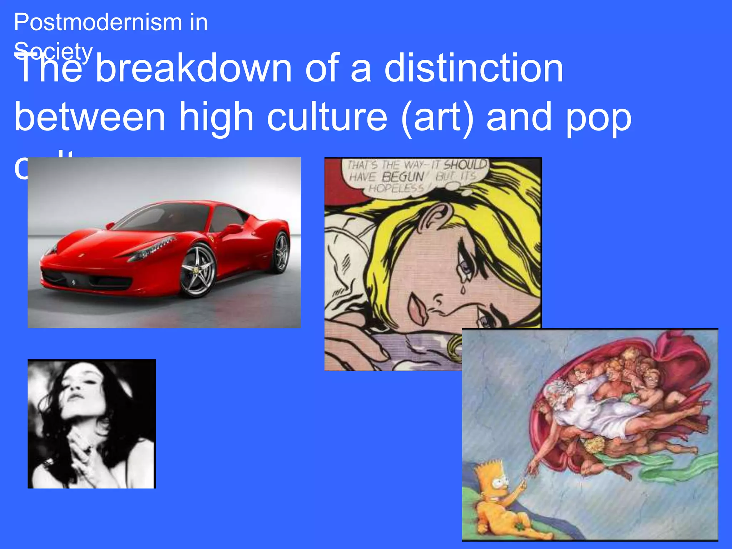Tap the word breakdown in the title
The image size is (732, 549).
click(x=194, y=68)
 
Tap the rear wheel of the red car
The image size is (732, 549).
click(x=281, y=252)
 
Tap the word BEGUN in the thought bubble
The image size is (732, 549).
click(x=402, y=177)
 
